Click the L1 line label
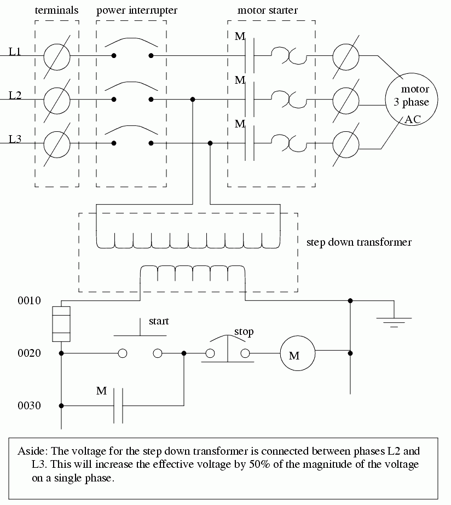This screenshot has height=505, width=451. (x=15, y=53)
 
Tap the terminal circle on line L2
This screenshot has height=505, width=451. (x=57, y=100)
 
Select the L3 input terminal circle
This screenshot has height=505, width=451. (x=57, y=143)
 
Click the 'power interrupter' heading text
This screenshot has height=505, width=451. (x=137, y=10)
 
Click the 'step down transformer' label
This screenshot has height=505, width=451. (x=359, y=242)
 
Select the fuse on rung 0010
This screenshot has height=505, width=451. (x=61, y=324)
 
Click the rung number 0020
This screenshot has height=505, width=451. (x=30, y=353)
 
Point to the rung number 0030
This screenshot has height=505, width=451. (x=30, y=406)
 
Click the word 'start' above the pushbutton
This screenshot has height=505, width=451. (x=159, y=321)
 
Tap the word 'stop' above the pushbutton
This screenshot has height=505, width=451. (x=244, y=332)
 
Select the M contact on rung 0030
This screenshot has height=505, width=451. (x=118, y=405)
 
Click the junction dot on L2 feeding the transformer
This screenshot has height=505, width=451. (x=193, y=100)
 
